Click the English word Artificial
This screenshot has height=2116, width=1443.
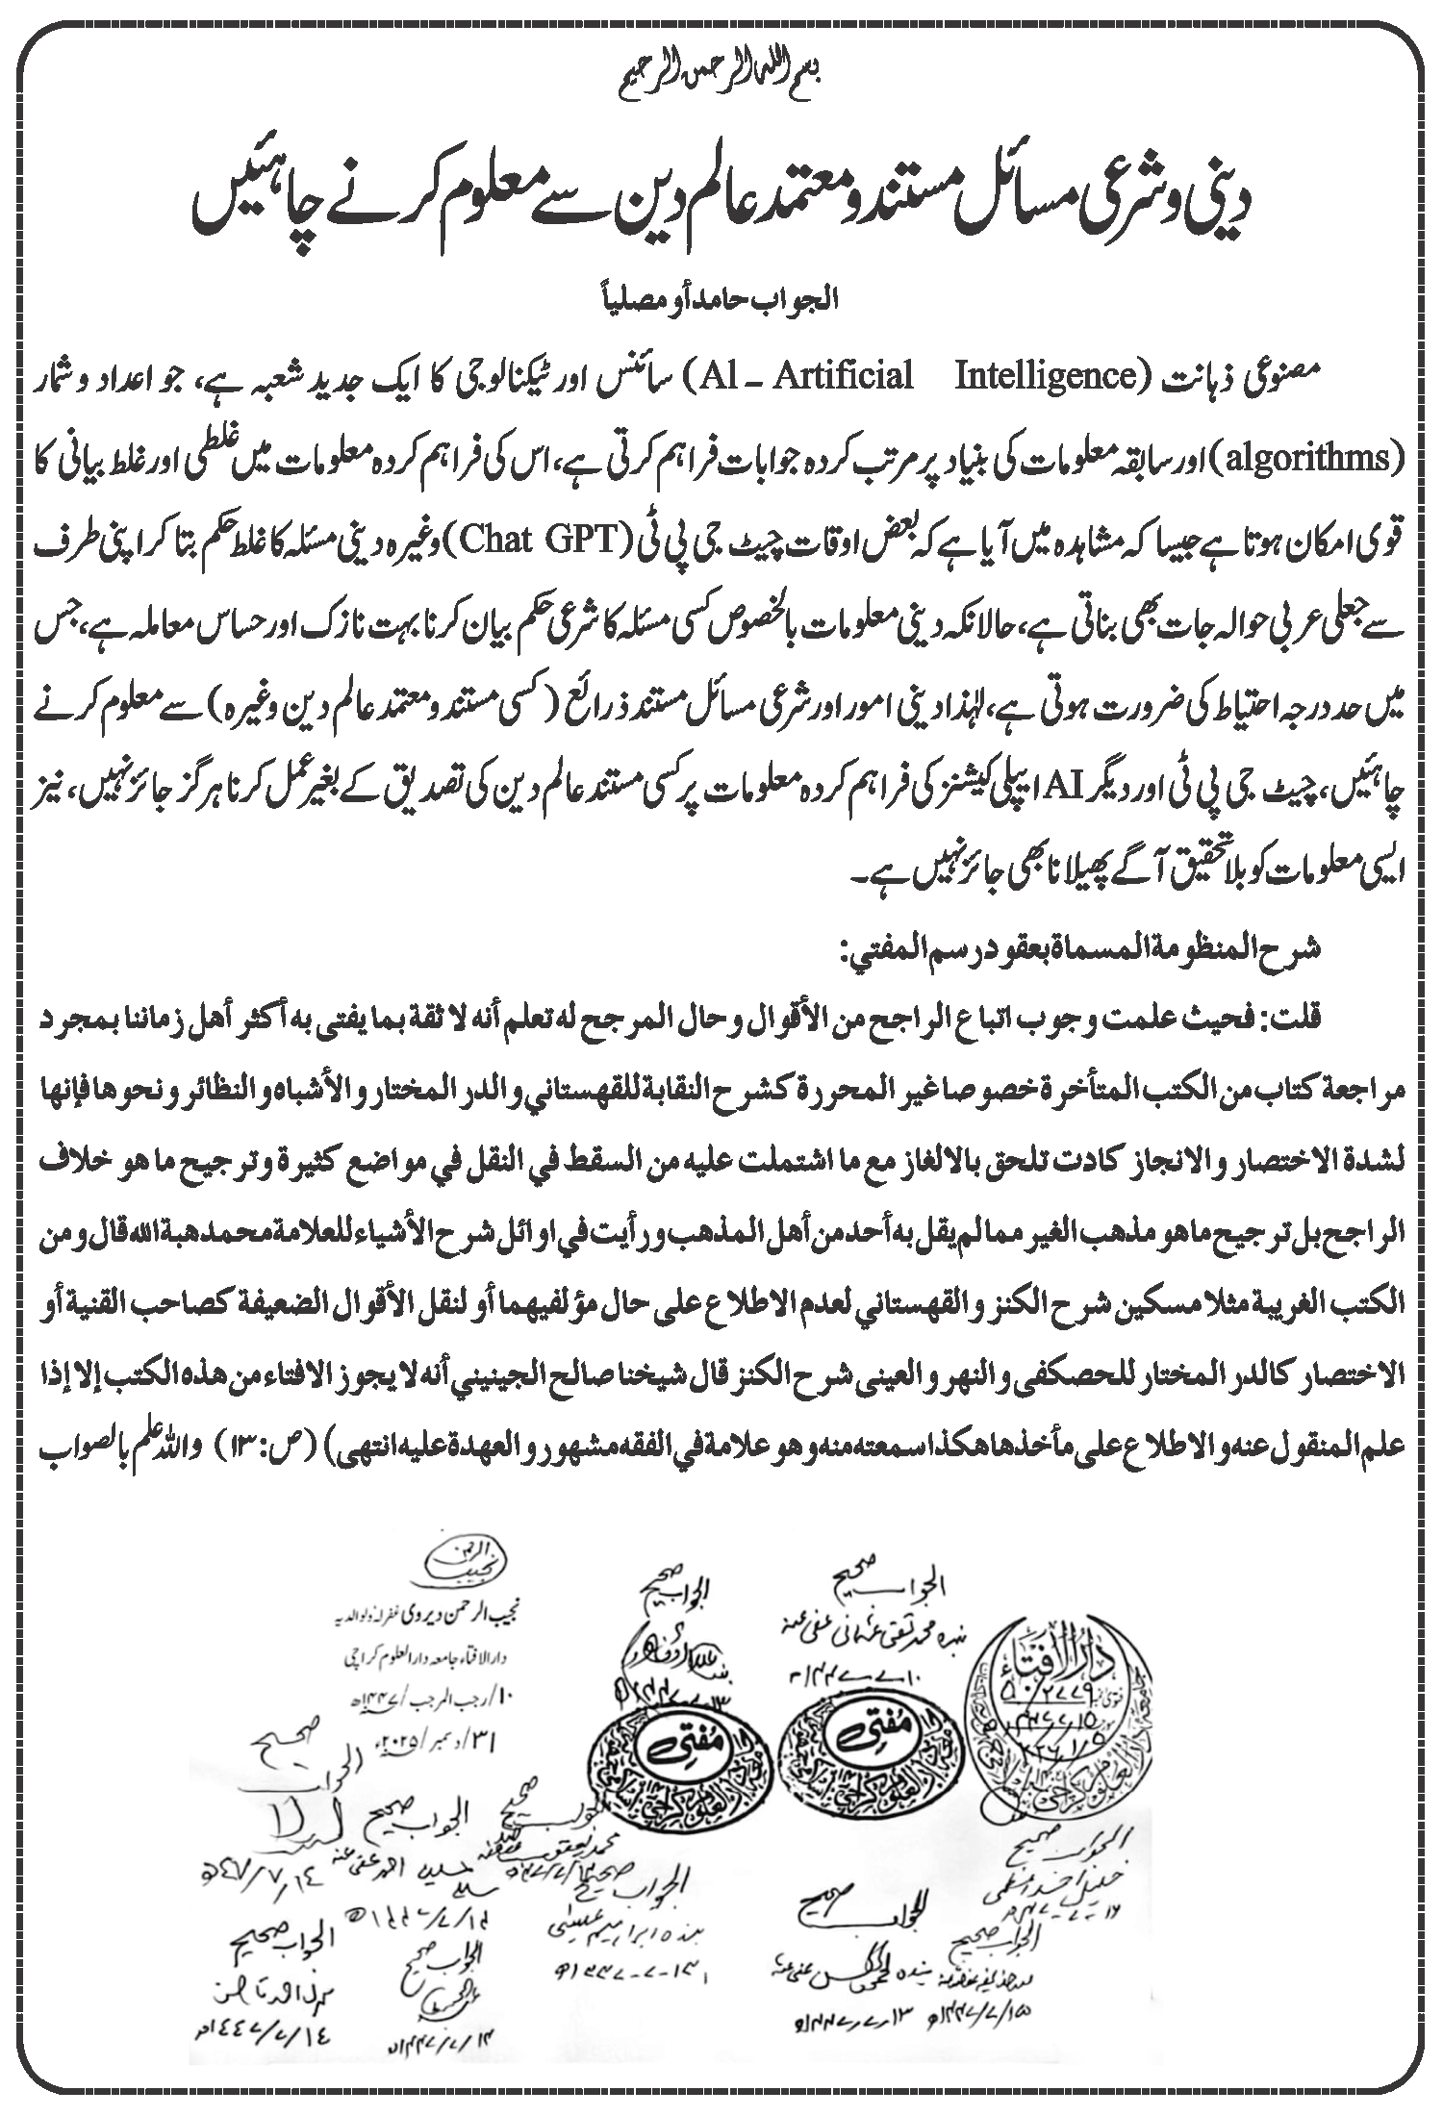click(x=838, y=376)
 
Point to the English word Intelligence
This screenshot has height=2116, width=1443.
click(x=1046, y=376)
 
